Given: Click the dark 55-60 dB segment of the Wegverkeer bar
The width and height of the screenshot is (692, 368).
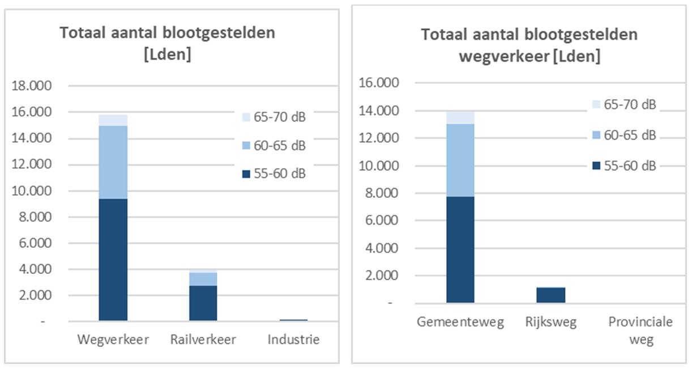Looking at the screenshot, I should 113,260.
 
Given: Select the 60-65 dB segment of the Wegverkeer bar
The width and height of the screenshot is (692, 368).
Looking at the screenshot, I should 113,162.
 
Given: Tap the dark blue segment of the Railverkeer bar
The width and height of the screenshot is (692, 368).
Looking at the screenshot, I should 203,303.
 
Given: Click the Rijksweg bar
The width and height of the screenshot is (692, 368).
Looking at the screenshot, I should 550,295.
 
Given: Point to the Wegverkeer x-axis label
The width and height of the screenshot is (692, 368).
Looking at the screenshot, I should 113,340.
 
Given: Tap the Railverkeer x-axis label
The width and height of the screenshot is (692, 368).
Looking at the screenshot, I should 203,340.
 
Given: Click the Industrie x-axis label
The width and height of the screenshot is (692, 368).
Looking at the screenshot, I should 293,340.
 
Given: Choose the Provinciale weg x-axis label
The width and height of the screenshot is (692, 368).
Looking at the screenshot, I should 640,331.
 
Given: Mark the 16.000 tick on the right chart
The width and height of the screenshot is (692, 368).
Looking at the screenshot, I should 379,83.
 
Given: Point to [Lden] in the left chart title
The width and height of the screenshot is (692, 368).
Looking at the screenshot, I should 168,56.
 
